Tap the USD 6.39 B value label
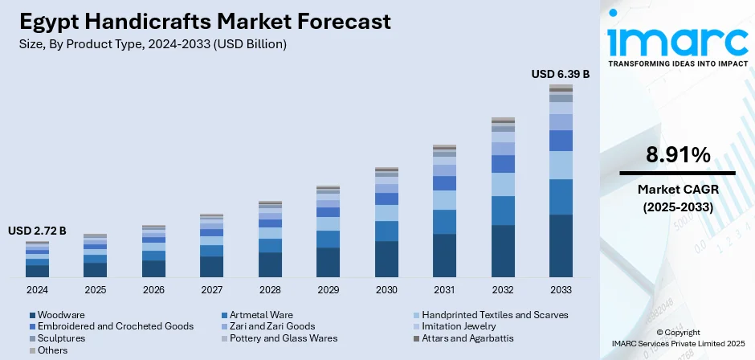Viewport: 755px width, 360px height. (x=561, y=74)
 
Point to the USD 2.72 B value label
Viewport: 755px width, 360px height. (x=37, y=231)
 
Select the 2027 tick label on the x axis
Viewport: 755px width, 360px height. (x=212, y=289)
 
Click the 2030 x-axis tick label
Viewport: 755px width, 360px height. (x=386, y=289)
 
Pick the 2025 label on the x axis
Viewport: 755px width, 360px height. (x=96, y=289)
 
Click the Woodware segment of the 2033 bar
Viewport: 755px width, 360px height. (x=561, y=246)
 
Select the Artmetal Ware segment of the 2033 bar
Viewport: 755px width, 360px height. (x=561, y=197)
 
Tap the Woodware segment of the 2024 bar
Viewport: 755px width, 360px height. (x=37, y=271)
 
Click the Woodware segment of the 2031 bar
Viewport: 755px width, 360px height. (x=444, y=256)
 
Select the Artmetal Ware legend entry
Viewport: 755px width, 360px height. (x=262, y=315)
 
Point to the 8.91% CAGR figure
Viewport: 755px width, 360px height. (x=676, y=155)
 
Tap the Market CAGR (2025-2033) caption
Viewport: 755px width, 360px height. (x=676, y=198)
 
